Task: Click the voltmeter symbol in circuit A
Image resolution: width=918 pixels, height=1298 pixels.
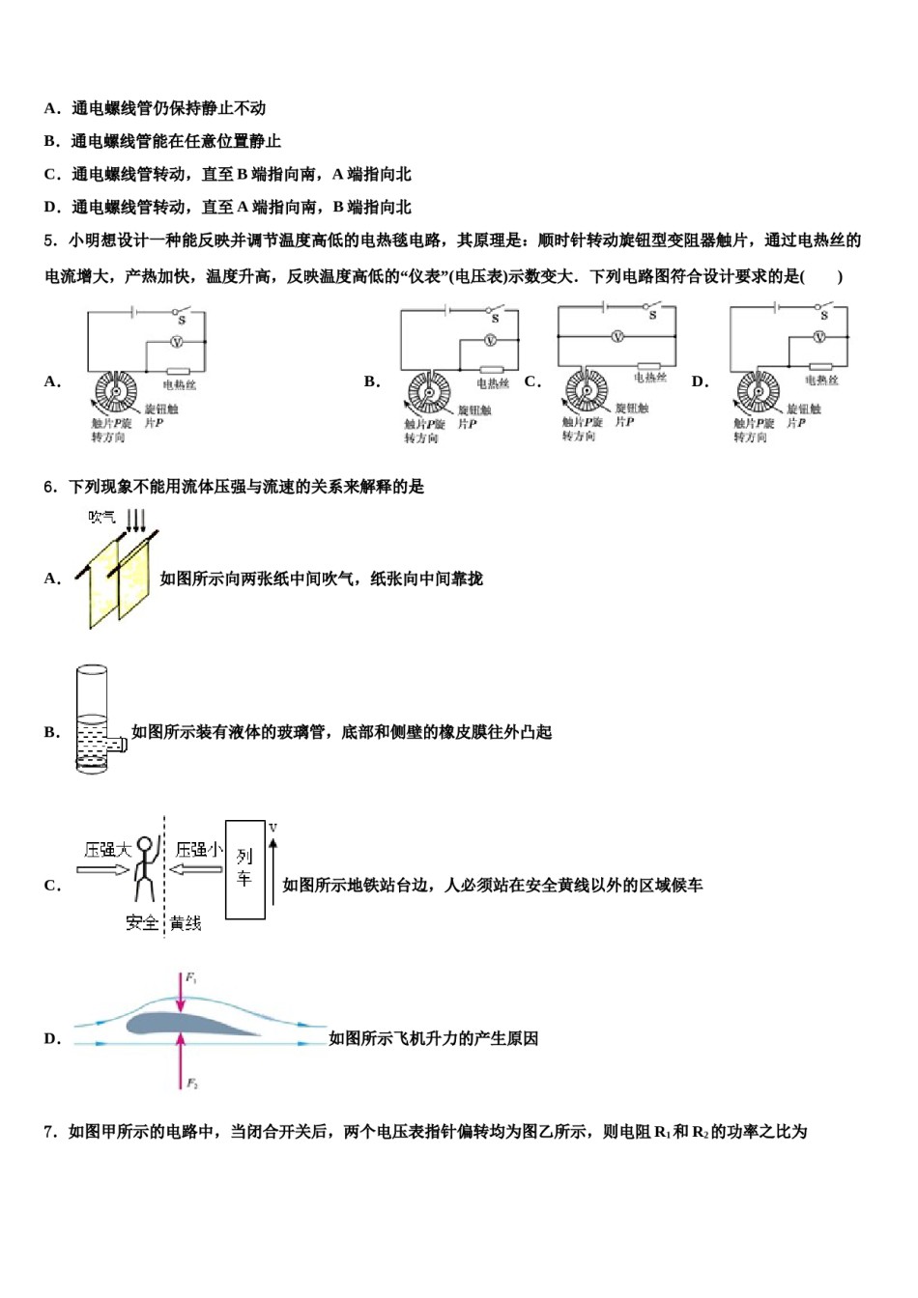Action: (176, 342)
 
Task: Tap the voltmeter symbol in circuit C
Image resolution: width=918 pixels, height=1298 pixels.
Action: (617, 336)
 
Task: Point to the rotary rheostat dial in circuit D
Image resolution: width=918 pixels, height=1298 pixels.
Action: (759, 392)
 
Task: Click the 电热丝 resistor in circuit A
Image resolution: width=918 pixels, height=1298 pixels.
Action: (178, 371)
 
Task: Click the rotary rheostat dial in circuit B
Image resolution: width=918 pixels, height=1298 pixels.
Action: (429, 393)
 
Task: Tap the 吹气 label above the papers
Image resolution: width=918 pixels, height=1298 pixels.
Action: (101, 518)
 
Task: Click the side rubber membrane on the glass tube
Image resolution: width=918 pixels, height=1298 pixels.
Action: (118, 745)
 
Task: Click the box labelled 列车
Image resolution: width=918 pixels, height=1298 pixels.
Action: (244, 869)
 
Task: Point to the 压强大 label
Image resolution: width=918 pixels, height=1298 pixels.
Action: (106, 850)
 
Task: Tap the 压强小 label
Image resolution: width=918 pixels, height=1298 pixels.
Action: (198, 850)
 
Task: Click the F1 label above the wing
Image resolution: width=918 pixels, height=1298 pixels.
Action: (191, 978)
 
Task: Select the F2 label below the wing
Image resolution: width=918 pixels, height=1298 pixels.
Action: (191, 1084)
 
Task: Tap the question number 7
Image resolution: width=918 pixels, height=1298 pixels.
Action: (50, 1131)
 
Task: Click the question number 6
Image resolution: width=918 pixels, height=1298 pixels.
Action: (50, 487)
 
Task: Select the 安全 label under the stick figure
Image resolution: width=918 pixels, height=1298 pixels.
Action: (142, 923)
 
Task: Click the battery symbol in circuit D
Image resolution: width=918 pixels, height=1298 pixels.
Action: (776, 308)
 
